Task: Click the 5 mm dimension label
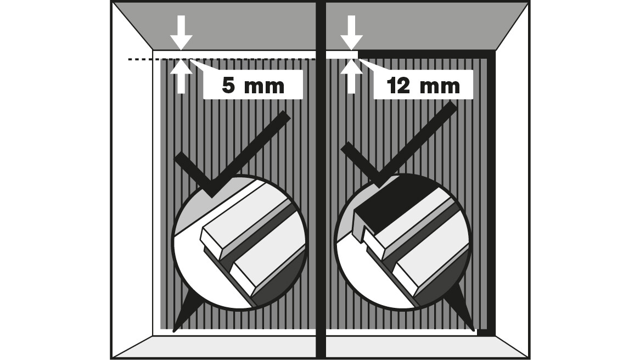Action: [252, 86]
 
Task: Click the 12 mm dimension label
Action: [423, 86]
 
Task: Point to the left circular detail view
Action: [240, 242]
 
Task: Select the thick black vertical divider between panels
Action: [321, 181]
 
